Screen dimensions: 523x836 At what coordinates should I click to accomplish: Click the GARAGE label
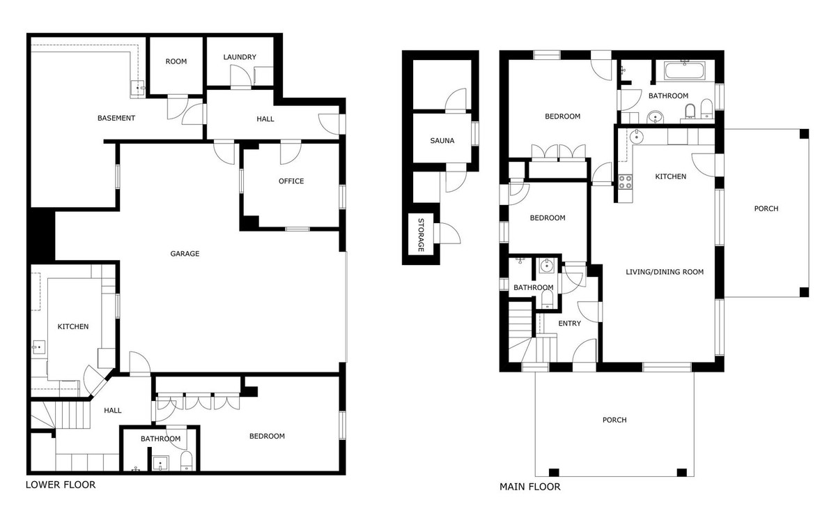click(185, 254)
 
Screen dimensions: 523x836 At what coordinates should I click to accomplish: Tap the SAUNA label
click(442, 141)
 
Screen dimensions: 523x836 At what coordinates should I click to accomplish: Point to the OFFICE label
click(291, 181)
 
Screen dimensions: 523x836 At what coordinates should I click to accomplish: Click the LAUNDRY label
click(240, 57)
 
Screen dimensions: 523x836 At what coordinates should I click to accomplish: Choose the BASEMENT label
click(116, 118)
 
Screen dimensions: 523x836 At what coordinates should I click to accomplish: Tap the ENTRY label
click(570, 324)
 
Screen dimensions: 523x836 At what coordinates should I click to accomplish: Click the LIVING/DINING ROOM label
click(664, 272)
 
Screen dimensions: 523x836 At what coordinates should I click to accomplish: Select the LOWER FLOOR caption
click(61, 485)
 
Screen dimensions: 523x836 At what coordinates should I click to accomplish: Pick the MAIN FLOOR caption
click(529, 487)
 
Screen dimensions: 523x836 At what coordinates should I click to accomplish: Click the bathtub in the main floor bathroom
click(687, 71)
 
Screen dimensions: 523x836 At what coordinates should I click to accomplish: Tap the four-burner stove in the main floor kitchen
click(625, 182)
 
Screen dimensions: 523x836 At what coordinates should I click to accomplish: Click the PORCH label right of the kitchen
click(766, 209)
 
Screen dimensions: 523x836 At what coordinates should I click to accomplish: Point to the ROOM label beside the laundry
click(176, 61)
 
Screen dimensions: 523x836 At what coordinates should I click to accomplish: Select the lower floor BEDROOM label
click(268, 437)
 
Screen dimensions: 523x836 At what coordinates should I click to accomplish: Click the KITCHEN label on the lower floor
click(73, 326)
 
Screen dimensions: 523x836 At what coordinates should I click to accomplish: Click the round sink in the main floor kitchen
click(637, 137)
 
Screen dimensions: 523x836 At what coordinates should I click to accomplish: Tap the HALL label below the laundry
click(265, 119)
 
